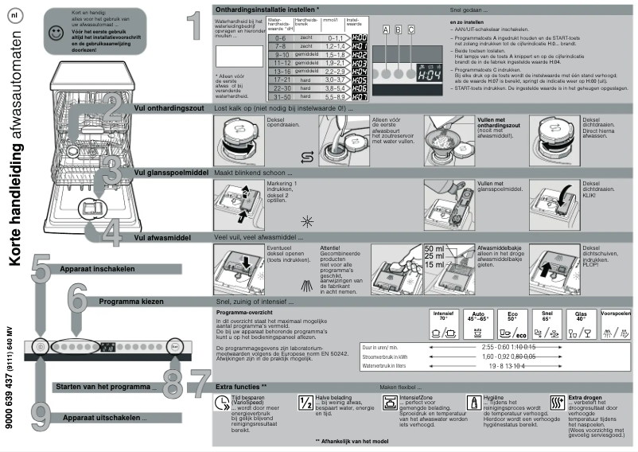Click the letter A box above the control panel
tap(387, 29)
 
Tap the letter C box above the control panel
tap(411, 29)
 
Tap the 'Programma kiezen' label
tap(131, 302)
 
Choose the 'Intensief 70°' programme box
tap(444, 325)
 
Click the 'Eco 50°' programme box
tap(513, 325)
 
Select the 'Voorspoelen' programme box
tap(617, 325)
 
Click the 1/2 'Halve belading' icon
tap(305, 403)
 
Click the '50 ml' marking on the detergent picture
tap(434, 248)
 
